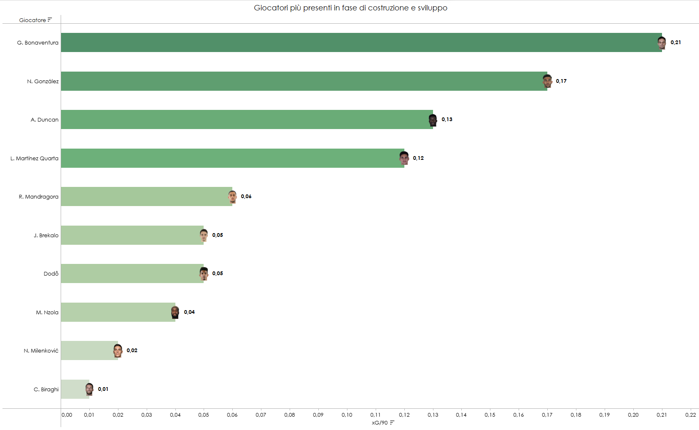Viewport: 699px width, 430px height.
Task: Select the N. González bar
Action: pos(303,81)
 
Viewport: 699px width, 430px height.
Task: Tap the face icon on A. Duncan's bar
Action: pos(433,120)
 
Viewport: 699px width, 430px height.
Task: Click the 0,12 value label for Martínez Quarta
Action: pos(418,158)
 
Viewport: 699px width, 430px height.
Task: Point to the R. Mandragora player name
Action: pos(38,197)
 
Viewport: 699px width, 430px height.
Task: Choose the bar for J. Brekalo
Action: pos(132,235)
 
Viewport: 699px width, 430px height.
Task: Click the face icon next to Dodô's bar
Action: pos(204,274)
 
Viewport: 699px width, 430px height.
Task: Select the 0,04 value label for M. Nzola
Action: pos(189,312)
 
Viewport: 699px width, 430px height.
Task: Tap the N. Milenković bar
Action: pos(89,350)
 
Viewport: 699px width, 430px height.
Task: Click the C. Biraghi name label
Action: pos(46,390)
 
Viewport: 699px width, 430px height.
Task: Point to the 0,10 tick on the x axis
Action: pos(347,415)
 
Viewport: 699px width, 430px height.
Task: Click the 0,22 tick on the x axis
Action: pos(690,415)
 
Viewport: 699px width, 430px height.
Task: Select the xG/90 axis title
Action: pos(379,423)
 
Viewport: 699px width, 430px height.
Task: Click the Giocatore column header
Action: pos(32,20)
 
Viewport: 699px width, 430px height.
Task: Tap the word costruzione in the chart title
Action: pos(388,8)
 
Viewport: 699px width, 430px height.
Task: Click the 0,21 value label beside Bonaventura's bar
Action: pos(675,42)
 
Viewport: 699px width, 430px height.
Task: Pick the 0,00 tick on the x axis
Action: pos(67,415)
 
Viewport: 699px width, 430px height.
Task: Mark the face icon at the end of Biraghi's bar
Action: pos(89,390)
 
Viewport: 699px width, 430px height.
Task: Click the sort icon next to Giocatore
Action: pos(50,20)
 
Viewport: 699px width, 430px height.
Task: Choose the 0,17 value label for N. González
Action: pos(561,81)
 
